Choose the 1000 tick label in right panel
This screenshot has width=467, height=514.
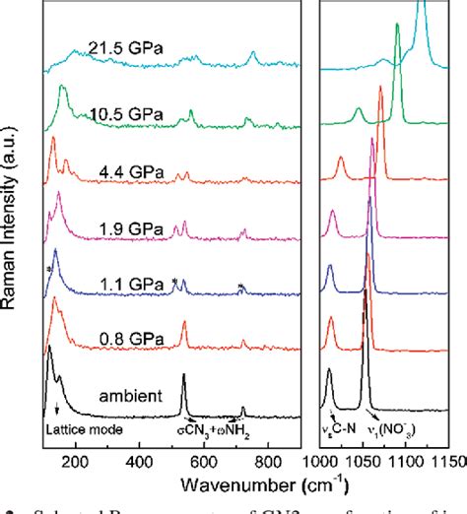pyautogui.click(x=324, y=460)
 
